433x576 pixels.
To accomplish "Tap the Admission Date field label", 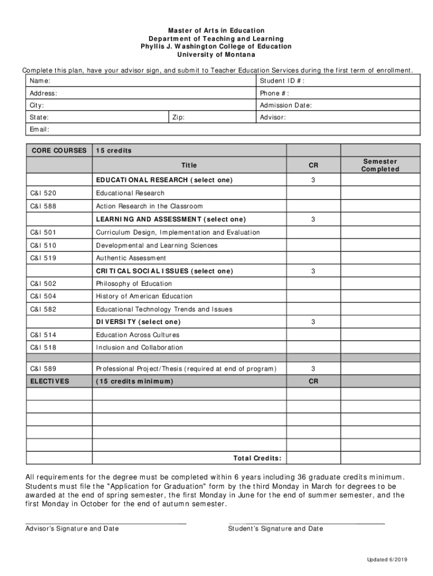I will point(286,105).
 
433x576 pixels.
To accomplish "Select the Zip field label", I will point(178,118).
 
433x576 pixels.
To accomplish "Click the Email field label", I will point(39,129).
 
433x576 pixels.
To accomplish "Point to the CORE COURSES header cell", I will point(59,150).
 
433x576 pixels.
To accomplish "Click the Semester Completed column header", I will point(380,165).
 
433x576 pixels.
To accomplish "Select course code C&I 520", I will point(43,193).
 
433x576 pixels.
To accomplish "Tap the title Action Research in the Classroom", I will point(149,206).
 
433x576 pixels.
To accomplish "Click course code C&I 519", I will point(43,258).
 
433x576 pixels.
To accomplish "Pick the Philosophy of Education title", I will point(134,283).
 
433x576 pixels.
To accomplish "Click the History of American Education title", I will point(144,296).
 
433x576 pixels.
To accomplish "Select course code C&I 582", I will point(43,309).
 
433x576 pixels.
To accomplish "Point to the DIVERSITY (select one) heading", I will point(138,322).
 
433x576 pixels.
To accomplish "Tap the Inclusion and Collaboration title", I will point(139,348).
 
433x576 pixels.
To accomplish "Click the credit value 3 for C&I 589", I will point(313,368).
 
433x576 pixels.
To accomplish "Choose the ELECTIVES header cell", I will point(49,381).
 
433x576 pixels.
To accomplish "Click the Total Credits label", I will point(257,458).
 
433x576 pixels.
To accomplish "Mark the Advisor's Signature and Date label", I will point(72,529).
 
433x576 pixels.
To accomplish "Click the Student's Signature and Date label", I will point(276,529).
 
